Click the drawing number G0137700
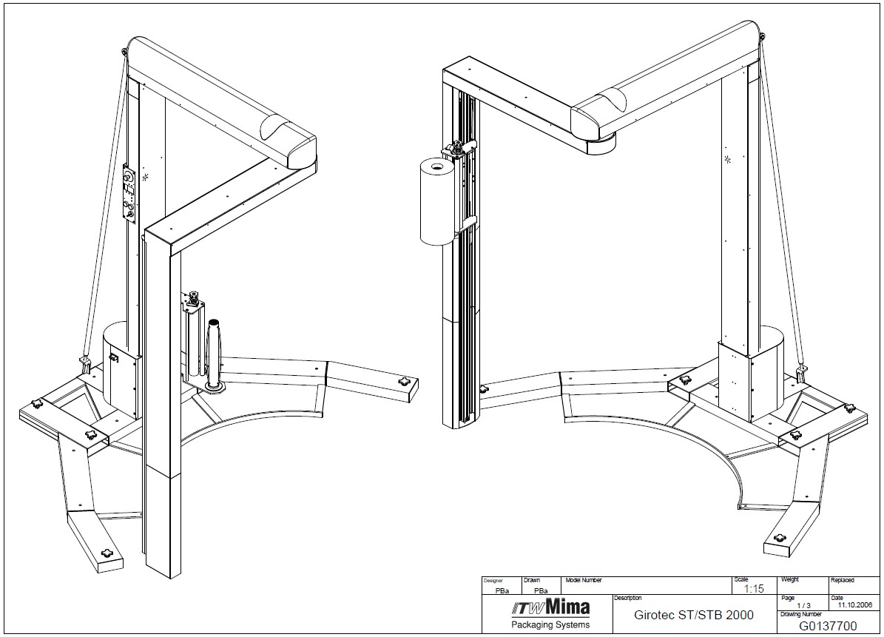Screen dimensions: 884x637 pos(828,626)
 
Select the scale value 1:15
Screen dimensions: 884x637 pos(754,588)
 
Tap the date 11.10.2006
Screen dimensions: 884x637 pos(854,605)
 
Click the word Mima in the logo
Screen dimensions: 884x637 pos(568,607)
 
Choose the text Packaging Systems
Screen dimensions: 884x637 pos(550,624)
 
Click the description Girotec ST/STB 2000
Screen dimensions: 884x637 pos(693,615)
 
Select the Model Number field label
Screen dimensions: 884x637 pos(584,580)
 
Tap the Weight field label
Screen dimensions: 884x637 pos(790,579)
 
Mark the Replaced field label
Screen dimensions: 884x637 pos(843,580)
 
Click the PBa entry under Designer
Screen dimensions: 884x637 pos(502,591)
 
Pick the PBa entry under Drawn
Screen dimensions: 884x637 pos(540,591)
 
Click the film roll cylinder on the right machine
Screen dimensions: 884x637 pos(437,201)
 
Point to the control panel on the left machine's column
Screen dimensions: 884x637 pos(130,195)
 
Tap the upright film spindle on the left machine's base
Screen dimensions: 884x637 pos(214,355)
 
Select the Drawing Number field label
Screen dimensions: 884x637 pos(800,615)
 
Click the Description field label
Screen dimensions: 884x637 pos(627,598)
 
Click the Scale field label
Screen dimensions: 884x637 pos(740,579)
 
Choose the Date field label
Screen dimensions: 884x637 pos(837,598)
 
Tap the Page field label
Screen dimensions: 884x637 pos(788,598)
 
